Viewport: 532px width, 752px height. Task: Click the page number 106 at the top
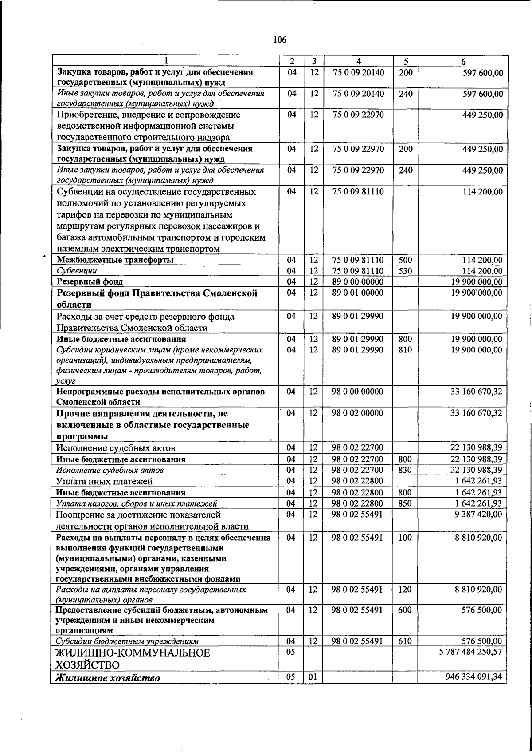280,40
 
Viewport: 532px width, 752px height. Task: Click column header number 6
463,62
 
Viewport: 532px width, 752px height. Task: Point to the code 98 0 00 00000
357,392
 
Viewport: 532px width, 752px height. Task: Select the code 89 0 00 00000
357,281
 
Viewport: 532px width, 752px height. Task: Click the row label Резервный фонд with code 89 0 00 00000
90,282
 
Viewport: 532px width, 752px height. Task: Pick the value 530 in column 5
405,271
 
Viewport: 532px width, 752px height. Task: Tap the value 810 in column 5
405,349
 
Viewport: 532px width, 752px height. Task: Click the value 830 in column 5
405,470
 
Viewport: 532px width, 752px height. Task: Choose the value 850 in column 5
405,503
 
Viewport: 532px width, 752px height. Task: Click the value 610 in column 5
405,641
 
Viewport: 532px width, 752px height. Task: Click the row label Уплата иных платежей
105,481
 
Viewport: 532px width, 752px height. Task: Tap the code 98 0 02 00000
357,413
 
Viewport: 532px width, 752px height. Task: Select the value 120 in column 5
405,590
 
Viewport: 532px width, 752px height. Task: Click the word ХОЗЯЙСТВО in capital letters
88,665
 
